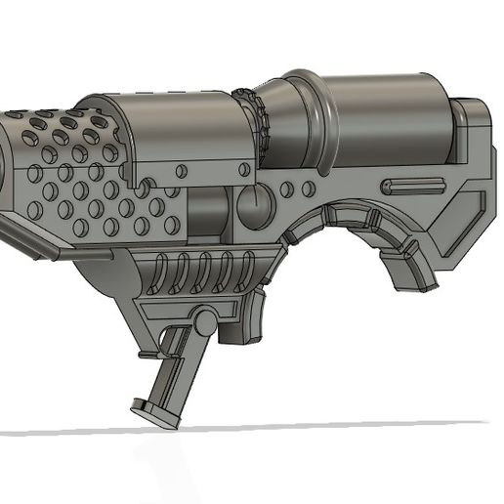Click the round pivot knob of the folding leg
204,319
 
